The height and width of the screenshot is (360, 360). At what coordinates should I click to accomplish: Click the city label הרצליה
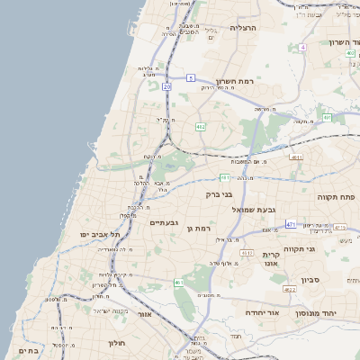245,28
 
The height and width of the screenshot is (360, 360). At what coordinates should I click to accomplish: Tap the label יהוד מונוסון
315,313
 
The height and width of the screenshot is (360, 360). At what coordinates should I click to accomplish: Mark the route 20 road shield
166,87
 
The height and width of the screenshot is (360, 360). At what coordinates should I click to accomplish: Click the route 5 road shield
191,78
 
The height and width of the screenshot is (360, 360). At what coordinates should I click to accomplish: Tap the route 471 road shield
291,223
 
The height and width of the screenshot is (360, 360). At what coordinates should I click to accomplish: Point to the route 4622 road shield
289,290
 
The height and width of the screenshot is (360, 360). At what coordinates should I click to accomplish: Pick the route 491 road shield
328,117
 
